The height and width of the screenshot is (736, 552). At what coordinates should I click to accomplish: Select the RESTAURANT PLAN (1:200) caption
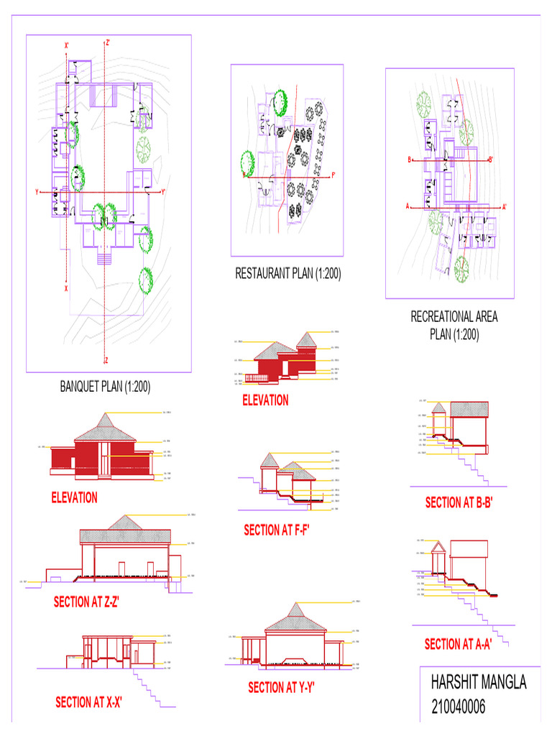tap(287, 273)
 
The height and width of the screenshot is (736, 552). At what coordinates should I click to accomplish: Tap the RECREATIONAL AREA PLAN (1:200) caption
tap(454, 325)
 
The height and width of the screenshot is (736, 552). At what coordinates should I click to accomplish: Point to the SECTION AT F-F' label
tap(281, 530)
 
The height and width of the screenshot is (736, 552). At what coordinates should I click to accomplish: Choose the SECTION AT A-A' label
tap(458, 644)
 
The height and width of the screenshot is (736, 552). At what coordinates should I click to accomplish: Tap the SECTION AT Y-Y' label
tap(282, 688)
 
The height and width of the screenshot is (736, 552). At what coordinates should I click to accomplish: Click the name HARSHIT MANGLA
tap(479, 683)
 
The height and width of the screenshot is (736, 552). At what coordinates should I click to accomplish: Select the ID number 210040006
tap(459, 707)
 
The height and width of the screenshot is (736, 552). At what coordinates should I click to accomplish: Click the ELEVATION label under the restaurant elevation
tap(265, 400)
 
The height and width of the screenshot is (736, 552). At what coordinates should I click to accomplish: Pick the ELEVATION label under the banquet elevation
tap(74, 497)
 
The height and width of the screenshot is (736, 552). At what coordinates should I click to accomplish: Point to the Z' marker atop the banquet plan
tap(108, 43)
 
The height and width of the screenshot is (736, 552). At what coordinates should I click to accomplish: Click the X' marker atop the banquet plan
tap(67, 46)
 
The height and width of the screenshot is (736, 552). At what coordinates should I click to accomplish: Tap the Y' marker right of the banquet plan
tap(164, 193)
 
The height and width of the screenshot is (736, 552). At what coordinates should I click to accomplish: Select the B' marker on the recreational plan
tap(491, 160)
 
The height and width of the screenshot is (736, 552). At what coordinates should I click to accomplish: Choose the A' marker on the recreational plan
tap(505, 207)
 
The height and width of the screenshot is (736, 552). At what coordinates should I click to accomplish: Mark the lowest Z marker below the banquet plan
tap(106, 360)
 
